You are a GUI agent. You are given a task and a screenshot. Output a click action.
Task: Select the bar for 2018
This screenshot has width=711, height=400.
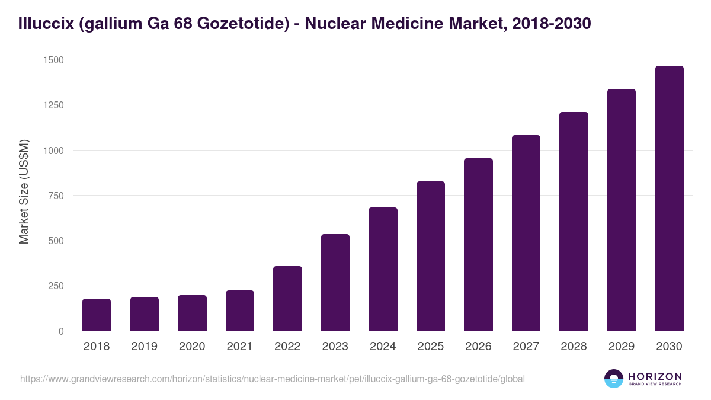pos(97,315)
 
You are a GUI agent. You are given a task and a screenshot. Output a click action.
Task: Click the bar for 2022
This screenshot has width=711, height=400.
pos(287,299)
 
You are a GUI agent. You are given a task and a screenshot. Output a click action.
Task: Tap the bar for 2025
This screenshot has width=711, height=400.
pos(431,256)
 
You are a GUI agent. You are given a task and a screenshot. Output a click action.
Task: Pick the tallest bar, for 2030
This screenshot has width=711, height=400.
pos(669,199)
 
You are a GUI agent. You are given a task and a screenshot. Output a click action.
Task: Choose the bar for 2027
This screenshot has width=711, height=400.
pos(526,233)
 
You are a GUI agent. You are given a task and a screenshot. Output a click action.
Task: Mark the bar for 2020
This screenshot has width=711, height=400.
pos(192,313)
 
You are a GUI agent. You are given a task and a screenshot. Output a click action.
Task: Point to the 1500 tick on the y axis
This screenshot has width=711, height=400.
pos(53,60)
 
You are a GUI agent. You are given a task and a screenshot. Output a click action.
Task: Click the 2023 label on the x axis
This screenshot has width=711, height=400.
pos(335,347)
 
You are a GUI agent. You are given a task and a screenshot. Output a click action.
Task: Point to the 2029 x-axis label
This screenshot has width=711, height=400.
pos(621,347)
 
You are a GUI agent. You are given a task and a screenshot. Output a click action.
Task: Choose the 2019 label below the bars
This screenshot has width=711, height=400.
pos(144,347)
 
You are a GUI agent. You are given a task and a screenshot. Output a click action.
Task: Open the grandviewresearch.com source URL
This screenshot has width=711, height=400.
pos(272,379)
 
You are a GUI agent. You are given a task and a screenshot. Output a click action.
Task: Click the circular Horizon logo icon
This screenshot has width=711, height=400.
pos(613,379)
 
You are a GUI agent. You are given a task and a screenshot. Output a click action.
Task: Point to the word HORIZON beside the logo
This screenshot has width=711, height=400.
pos(655,376)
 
